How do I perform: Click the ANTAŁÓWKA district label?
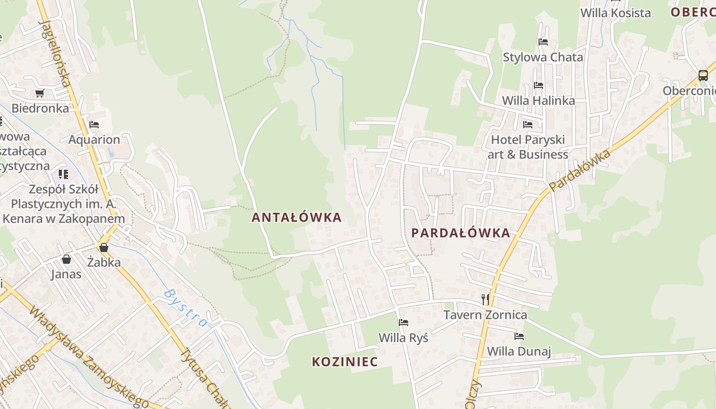tap(296, 217)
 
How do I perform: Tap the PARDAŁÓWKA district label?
tap(461, 233)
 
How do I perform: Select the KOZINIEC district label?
tap(345, 362)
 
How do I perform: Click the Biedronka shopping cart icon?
tap(39, 93)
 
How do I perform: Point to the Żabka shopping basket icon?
tap(104, 248)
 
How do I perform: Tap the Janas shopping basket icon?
tap(66, 259)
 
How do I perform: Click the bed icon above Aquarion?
tap(94, 124)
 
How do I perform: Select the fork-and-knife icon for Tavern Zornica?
tap(485, 299)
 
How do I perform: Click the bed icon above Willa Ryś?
tap(403, 323)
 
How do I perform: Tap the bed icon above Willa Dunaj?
tap(519, 336)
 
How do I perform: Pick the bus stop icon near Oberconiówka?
tap(703, 76)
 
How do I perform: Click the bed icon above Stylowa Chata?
tap(543, 42)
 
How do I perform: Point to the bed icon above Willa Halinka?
tap(538, 85)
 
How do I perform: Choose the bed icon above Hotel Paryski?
tap(528, 124)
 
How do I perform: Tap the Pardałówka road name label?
tap(580, 170)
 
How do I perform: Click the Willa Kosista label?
tap(615, 13)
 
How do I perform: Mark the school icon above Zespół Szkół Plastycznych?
tap(63, 174)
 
